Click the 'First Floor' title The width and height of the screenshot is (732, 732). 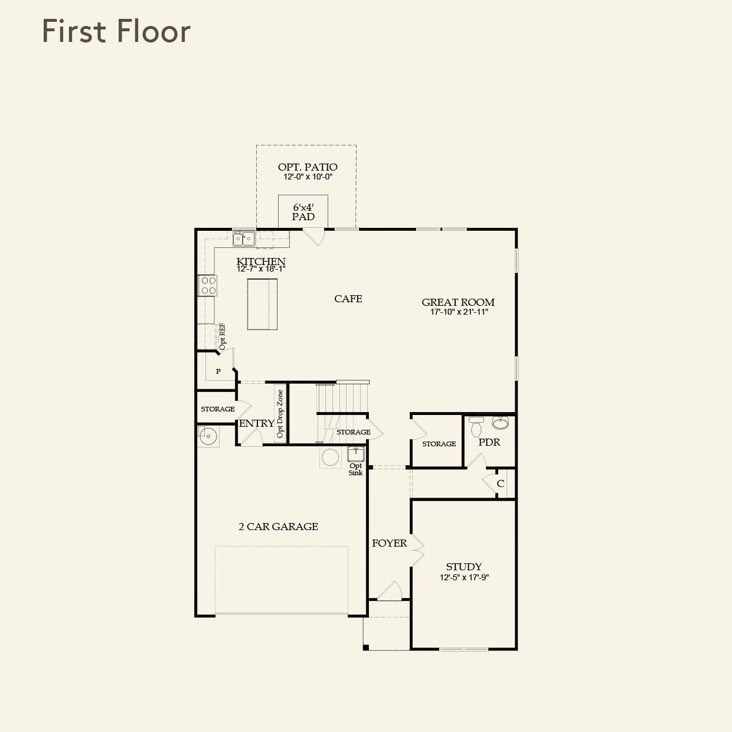(x=116, y=31)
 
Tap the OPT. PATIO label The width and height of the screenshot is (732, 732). (x=308, y=167)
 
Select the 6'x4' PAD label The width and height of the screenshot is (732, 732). (x=303, y=212)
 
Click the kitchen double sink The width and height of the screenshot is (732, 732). (x=244, y=238)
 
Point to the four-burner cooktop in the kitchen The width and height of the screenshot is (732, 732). (x=208, y=286)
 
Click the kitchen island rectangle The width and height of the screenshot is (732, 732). (x=262, y=304)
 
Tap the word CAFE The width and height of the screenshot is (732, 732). (x=348, y=299)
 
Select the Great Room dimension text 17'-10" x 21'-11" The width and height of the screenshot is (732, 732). (x=459, y=312)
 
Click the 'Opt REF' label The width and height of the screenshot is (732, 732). (x=223, y=336)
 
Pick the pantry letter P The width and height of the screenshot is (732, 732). (x=218, y=371)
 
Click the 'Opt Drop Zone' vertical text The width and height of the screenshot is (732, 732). (x=280, y=414)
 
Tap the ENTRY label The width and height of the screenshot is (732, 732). (x=256, y=423)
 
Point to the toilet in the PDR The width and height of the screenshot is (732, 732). (x=476, y=426)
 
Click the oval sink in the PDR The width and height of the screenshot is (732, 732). (x=501, y=423)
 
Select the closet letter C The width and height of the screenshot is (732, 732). (x=500, y=483)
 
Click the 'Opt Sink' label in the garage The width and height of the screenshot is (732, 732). (x=355, y=469)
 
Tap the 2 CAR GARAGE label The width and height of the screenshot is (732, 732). (x=278, y=527)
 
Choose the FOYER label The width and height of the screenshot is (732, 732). (x=389, y=543)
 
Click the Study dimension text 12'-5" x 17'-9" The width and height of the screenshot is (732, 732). (x=464, y=577)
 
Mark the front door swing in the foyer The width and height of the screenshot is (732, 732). (x=390, y=591)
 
